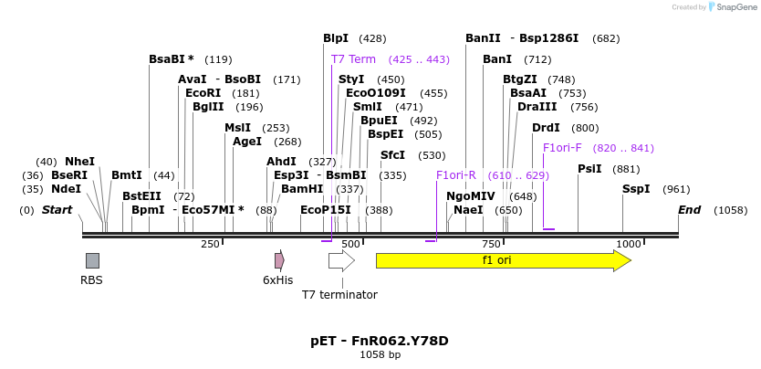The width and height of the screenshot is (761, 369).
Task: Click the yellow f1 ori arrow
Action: coord(503,260)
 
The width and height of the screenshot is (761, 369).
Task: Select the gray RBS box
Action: coord(92,260)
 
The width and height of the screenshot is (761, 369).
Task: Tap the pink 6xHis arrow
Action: coord(278,260)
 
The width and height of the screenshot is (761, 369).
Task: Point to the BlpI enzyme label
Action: coord(336,38)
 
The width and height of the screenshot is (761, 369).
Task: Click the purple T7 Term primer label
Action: coord(353,59)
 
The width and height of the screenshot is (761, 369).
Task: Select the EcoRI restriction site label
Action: coord(203,93)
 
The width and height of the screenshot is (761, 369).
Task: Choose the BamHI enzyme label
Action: coord(302,189)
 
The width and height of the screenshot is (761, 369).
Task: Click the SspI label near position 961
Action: coord(636,189)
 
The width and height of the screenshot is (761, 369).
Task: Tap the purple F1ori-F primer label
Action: coord(561,148)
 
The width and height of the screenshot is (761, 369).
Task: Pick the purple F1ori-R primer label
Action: coord(456,175)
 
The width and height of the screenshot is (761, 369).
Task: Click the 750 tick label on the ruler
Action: coord(491,244)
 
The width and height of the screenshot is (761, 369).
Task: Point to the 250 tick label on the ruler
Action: coord(210,244)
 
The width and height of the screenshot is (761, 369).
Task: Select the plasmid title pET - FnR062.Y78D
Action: coord(380,341)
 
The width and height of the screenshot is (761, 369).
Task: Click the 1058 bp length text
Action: coord(380,354)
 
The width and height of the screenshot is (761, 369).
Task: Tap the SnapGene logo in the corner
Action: coord(730,7)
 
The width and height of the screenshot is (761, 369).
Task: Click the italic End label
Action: coord(689,210)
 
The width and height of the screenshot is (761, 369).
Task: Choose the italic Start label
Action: coord(57,210)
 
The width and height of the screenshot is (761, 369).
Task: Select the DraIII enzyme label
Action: coord(537,107)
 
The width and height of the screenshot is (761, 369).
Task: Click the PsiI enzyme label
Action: coord(589,169)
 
